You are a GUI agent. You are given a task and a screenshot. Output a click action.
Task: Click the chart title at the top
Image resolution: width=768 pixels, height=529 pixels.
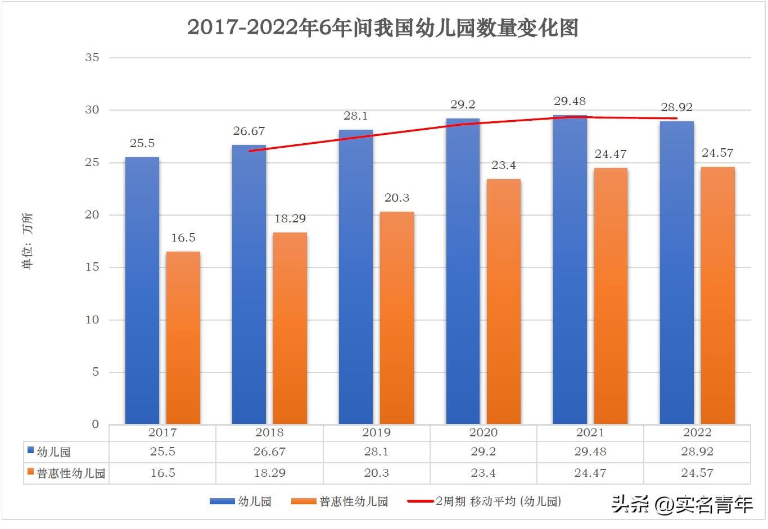click(383, 28)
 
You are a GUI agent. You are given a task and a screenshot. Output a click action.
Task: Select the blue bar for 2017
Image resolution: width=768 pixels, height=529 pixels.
click(142, 290)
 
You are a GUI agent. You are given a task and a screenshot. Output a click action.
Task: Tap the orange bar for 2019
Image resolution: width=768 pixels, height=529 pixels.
click(397, 317)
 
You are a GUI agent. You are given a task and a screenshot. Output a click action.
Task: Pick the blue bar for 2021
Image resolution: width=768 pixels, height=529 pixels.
click(570, 270)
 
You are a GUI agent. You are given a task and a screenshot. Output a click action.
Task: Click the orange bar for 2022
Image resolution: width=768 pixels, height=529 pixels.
click(717, 295)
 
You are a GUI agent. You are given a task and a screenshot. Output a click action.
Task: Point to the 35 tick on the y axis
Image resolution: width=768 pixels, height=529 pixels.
click(92, 57)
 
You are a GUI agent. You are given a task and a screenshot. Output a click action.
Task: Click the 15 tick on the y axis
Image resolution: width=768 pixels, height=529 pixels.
click(92, 267)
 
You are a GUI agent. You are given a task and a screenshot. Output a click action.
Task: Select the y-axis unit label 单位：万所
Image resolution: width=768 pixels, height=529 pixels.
click(28, 240)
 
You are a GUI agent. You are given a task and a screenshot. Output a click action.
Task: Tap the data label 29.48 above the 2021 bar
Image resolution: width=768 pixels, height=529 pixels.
click(570, 101)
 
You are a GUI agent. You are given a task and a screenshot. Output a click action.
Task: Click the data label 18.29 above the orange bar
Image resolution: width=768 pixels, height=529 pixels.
click(290, 218)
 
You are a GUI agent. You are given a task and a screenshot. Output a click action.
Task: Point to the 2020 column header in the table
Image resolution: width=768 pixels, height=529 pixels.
click(483, 432)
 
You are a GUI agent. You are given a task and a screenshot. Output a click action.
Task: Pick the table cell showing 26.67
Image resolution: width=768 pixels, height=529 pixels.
click(269, 452)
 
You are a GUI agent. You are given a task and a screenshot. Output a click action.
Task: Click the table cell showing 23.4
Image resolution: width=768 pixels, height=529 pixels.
click(483, 473)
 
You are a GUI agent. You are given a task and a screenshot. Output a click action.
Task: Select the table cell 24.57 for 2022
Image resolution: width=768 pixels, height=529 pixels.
click(697, 473)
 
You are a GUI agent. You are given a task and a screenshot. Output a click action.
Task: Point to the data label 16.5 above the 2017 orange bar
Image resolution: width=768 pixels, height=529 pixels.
click(183, 238)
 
